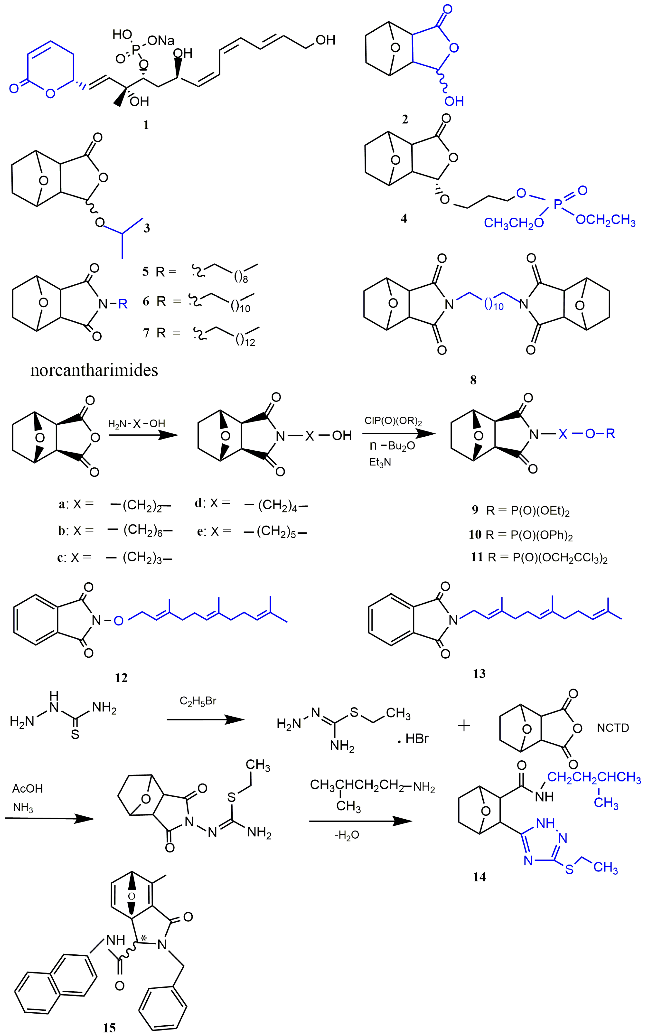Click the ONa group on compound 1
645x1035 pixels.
[x=161, y=41]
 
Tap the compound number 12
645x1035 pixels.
[x=121, y=678]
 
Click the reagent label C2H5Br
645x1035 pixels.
[x=198, y=701]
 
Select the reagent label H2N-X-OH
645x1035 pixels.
[x=136, y=424]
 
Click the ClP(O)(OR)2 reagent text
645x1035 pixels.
[x=393, y=421]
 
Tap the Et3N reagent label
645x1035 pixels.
[x=380, y=462]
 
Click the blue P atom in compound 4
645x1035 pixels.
[x=558, y=205]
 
